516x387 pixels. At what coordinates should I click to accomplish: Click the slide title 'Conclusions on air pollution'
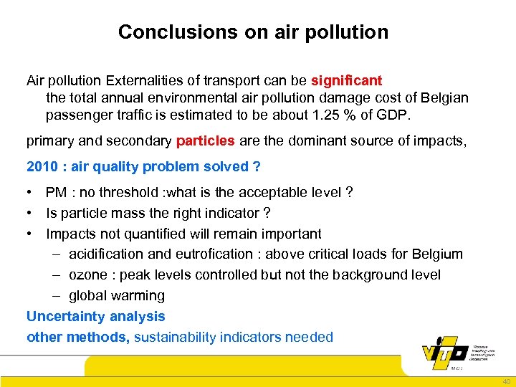253,32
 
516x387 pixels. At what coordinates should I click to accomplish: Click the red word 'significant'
347,81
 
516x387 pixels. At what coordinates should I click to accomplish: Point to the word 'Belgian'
444,97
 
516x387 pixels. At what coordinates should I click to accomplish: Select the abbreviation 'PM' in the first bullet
57,193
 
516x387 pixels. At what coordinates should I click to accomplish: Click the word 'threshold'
126,193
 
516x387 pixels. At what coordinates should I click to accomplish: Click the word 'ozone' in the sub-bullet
87,275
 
